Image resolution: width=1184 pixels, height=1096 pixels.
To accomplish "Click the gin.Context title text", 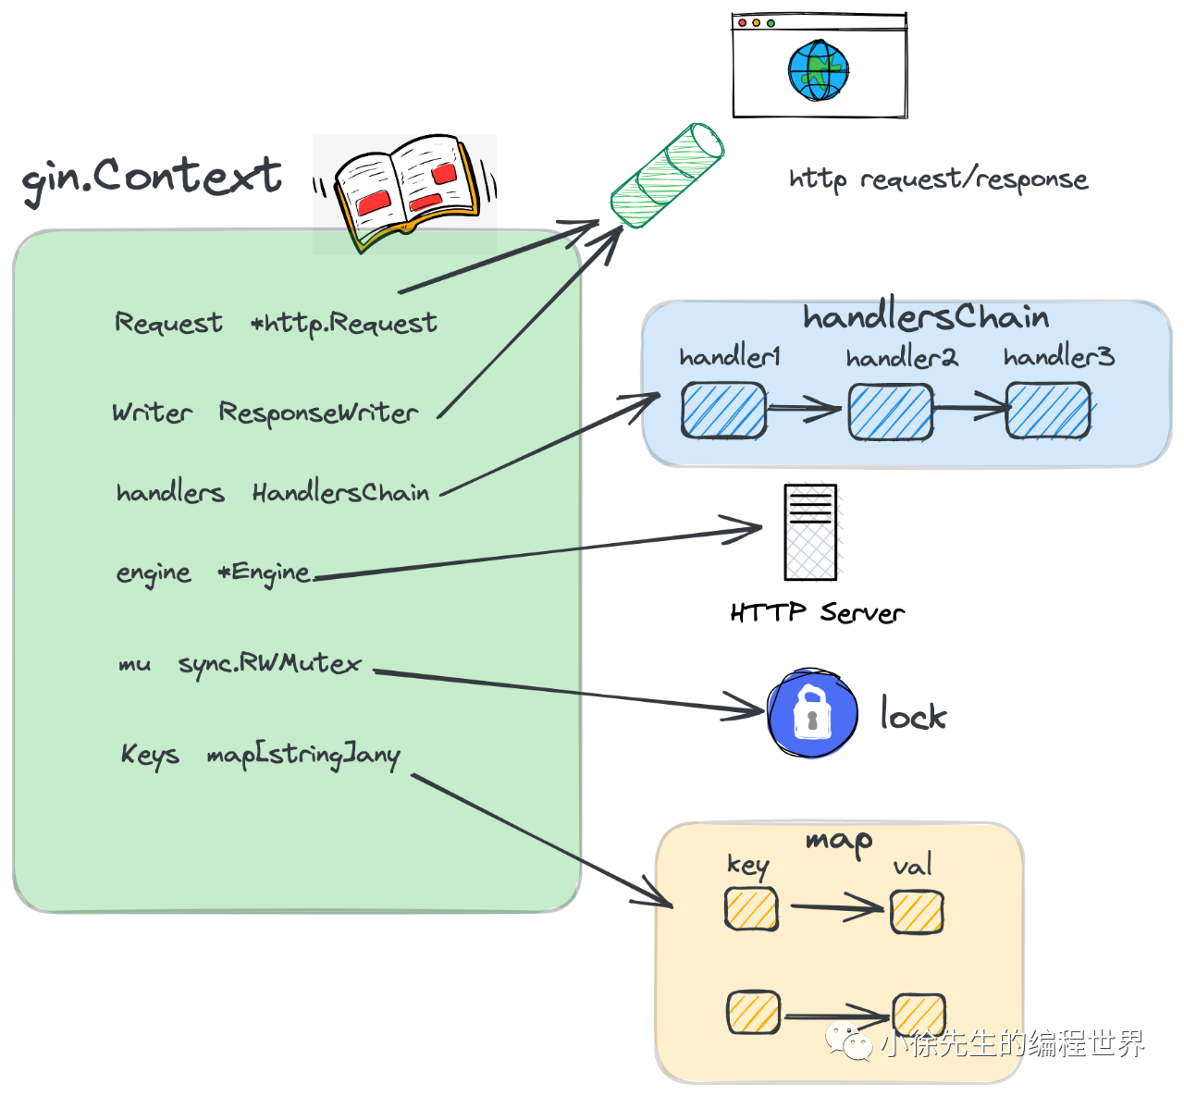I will tap(151, 176).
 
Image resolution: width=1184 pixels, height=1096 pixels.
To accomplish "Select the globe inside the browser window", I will tap(819, 70).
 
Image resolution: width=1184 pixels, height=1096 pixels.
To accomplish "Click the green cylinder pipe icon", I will tap(667, 176).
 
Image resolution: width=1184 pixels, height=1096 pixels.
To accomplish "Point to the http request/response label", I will tap(938, 179).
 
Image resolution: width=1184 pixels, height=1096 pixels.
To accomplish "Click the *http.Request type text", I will tap(344, 323).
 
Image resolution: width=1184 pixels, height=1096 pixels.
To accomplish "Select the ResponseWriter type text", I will tap(318, 413).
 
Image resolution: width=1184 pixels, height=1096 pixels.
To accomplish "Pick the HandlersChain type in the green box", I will tap(340, 492).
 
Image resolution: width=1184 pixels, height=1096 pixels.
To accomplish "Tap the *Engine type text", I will tap(264, 573).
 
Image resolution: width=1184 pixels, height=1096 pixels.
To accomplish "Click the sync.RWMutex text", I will tap(269, 664).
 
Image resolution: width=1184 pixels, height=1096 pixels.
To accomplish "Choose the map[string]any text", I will tap(303, 755).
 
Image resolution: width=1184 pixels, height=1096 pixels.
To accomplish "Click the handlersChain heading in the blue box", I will tap(925, 317).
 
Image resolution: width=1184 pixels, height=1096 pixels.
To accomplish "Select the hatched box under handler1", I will tap(723, 411).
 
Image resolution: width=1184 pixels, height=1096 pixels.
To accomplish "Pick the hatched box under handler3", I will tap(1048, 412).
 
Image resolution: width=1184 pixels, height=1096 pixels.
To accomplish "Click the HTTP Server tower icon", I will tap(810, 532).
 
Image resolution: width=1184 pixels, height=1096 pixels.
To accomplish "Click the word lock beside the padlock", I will tap(913, 715).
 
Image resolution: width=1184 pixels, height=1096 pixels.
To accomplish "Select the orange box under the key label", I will tap(751, 909).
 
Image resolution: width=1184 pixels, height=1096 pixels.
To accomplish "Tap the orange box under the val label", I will tap(917, 912).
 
